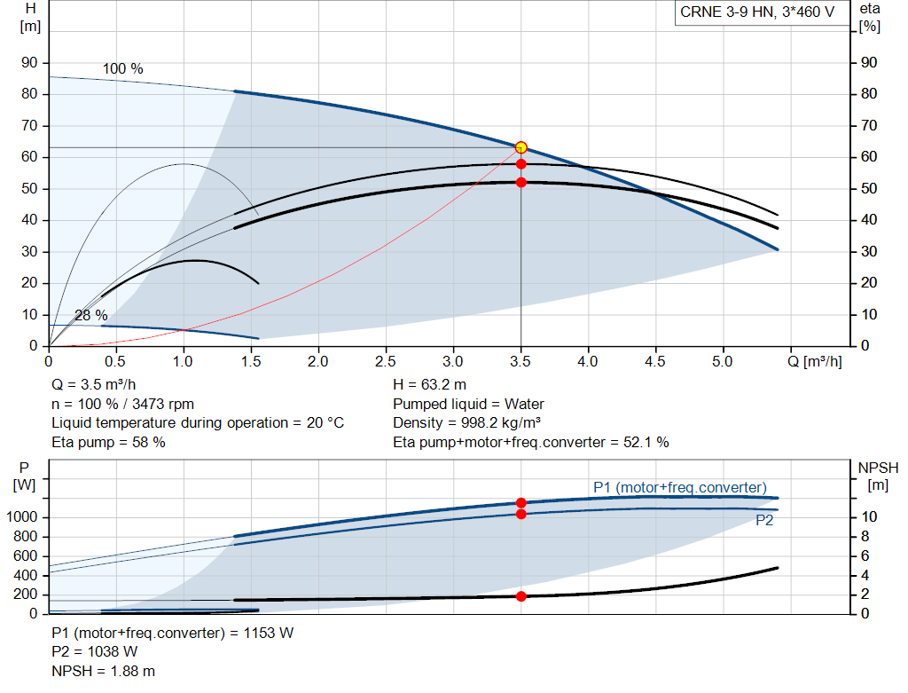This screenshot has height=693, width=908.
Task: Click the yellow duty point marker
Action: point(521,147)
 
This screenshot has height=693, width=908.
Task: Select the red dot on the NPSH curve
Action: point(521,596)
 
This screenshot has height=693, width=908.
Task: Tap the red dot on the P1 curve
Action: point(521,503)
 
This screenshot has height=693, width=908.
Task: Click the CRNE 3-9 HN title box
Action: point(762,12)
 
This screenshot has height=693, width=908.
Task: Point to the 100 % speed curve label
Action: point(122,69)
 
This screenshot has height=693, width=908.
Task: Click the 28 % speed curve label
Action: point(91,315)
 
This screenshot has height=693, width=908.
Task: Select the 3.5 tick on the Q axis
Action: point(520,361)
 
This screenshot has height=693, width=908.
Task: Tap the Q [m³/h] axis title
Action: point(814,361)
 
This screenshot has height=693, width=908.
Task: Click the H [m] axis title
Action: point(30,18)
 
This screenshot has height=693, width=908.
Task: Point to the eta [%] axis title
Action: point(869,18)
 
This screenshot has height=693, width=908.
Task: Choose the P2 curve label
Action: point(764,520)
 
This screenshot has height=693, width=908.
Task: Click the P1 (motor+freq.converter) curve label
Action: point(680,487)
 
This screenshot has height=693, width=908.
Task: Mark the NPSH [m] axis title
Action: point(878,476)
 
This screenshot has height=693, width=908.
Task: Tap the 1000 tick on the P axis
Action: point(21,516)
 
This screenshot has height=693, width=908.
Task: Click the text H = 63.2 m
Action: point(430,385)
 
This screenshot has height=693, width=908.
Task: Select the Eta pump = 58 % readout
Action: point(108,442)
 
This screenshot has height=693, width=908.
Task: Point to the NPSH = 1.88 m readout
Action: point(103,671)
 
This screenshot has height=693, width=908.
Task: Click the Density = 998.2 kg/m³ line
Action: point(466,423)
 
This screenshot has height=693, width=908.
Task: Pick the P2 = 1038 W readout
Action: point(94,652)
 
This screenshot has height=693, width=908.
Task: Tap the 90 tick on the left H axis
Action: point(29,63)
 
